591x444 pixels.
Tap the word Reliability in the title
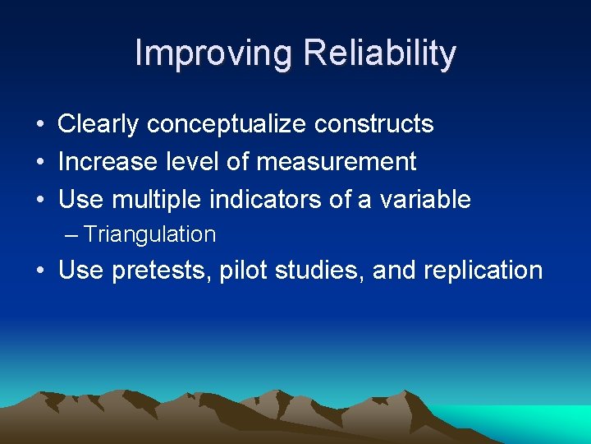point(379,54)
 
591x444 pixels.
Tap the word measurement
point(337,162)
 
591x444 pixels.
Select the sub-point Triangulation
point(149,235)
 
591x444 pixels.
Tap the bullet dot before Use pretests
point(39,272)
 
